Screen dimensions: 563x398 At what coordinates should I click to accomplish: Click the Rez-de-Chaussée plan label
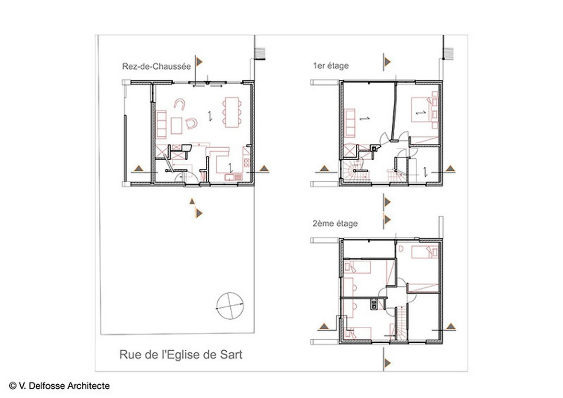point(156,66)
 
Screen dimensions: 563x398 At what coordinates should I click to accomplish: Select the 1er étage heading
point(331,65)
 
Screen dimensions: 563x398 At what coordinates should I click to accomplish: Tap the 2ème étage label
point(335,223)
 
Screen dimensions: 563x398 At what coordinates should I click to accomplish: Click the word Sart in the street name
point(231,355)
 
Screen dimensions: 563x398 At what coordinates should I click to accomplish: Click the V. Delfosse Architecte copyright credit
point(59,386)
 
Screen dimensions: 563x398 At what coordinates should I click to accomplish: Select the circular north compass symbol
point(230,306)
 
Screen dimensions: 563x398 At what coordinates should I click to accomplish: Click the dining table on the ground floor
point(232,112)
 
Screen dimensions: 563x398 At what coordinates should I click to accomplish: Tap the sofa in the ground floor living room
point(161,124)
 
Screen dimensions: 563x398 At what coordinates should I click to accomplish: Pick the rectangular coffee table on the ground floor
point(176,126)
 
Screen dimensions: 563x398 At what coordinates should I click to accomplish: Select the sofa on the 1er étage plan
point(350,123)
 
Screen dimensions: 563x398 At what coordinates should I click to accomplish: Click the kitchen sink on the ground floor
point(233,177)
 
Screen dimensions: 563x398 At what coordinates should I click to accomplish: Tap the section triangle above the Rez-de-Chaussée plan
point(199,61)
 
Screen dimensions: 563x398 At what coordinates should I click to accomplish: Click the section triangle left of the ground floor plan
point(138,168)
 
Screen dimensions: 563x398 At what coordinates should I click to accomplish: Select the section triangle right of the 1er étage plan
point(450,168)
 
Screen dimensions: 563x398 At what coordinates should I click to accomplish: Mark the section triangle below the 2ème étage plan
point(387,363)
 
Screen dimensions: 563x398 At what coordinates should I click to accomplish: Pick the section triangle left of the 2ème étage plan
point(324,326)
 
